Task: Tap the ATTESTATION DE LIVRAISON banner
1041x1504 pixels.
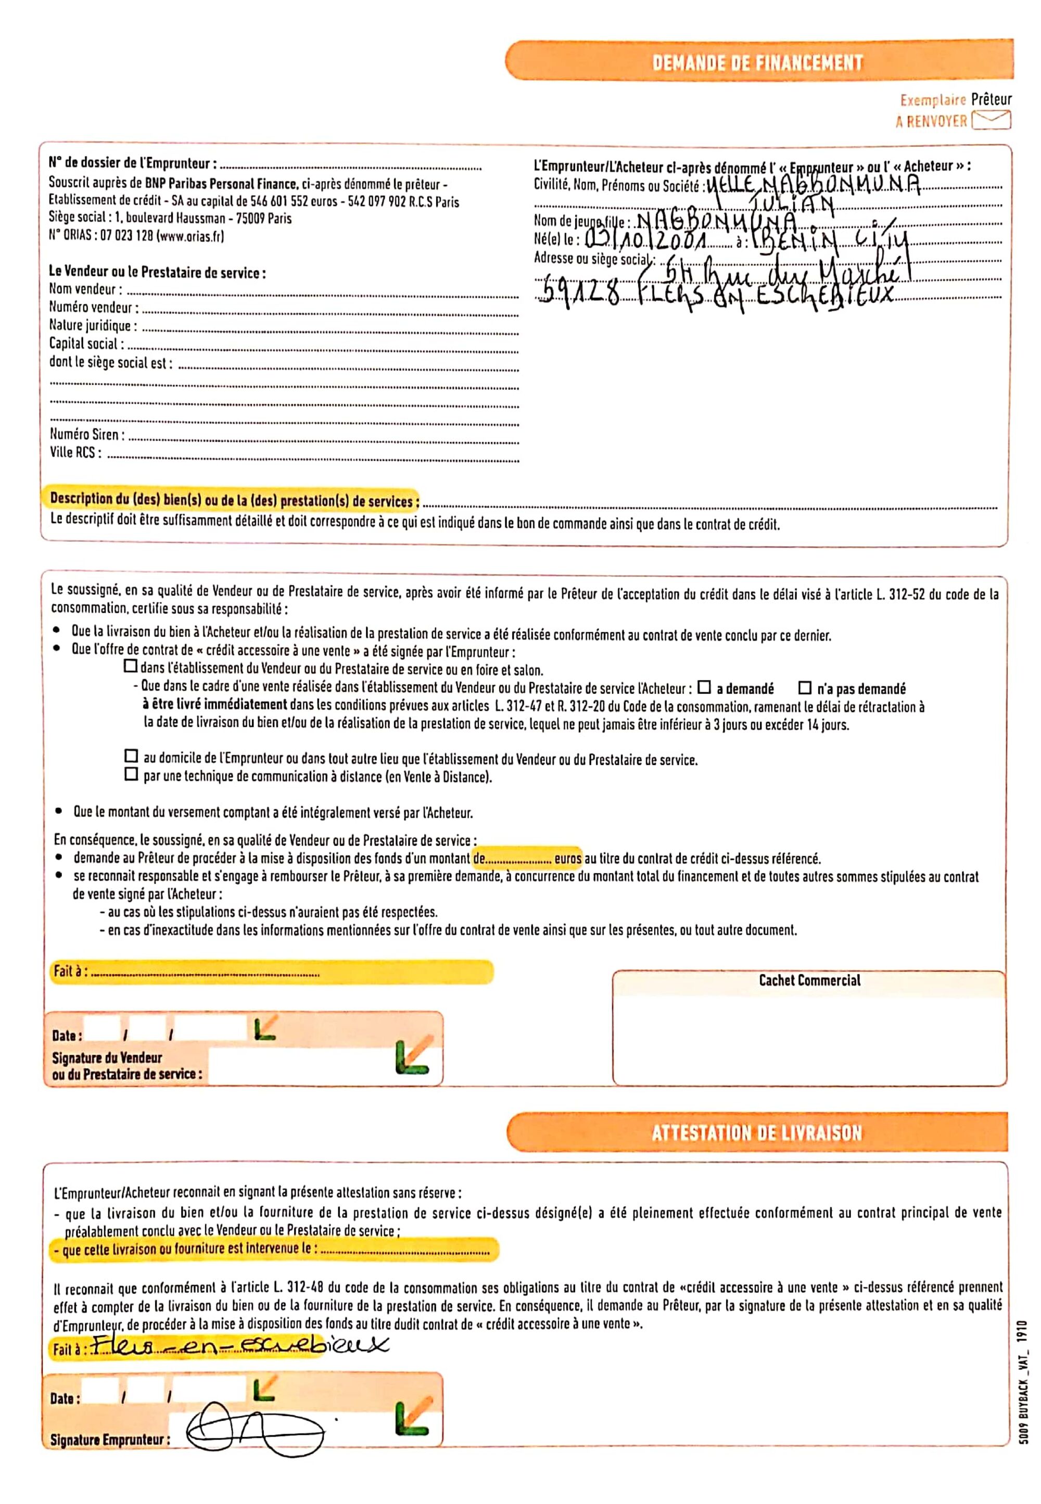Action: [x=757, y=1133]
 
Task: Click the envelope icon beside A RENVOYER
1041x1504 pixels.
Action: [x=991, y=121]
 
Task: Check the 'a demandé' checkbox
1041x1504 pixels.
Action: [x=704, y=687]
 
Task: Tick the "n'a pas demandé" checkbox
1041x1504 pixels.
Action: [x=805, y=687]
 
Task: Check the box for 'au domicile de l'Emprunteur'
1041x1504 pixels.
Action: [x=131, y=757]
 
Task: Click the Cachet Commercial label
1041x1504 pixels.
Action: [x=809, y=980]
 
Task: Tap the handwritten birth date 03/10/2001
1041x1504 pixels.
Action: [x=646, y=240]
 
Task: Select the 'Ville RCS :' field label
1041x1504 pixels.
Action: [x=75, y=453]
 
